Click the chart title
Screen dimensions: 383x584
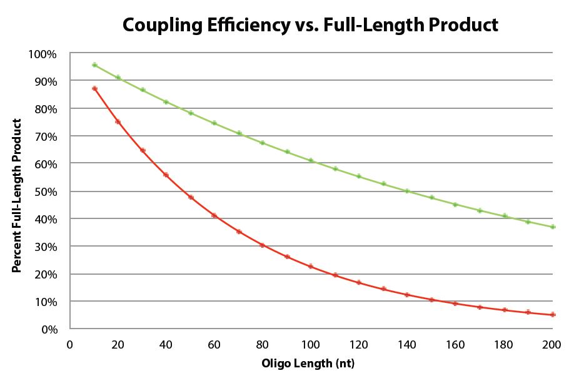(x=311, y=24)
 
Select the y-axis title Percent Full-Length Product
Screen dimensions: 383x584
(x=17, y=196)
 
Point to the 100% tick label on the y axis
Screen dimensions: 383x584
(x=43, y=54)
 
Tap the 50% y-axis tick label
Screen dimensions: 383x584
(x=45, y=191)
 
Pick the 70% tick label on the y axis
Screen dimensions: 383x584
(x=45, y=136)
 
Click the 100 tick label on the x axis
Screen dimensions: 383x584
(x=311, y=344)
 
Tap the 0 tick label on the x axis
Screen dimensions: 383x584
(x=70, y=344)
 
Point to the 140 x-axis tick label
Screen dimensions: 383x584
(x=408, y=344)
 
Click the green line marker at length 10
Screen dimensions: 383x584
(x=94, y=65)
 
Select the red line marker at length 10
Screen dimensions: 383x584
(x=94, y=89)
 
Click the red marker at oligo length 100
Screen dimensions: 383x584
(x=311, y=267)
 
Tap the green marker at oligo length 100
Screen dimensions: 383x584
(x=311, y=161)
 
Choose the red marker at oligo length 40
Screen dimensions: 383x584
(x=166, y=175)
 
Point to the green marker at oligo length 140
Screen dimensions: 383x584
(x=408, y=191)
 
